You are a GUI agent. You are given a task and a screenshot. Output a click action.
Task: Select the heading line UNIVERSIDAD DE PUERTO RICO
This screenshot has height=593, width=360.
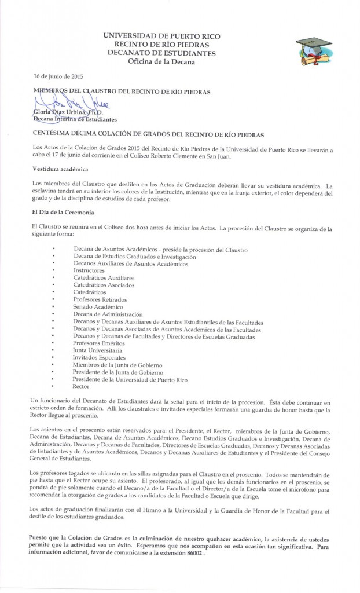[161, 36]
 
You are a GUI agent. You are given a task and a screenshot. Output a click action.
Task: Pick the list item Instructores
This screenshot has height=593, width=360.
[89, 270]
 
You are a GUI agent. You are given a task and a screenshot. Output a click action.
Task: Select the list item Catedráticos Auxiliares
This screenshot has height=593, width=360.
[104, 278]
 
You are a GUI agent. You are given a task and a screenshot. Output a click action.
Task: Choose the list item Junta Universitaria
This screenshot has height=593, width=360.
[97, 350]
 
